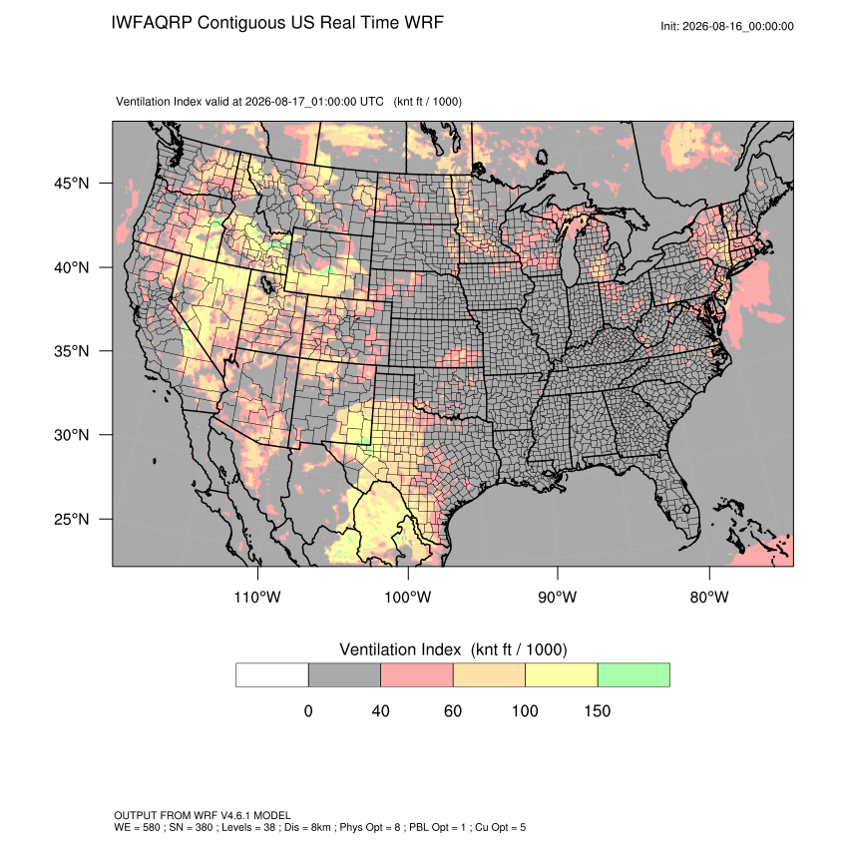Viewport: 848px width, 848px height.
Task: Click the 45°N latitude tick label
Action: point(72,184)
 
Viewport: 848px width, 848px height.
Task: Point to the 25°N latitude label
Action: point(72,519)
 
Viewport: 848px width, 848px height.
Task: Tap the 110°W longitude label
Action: point(257,597)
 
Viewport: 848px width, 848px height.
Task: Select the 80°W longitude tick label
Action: point(709,597)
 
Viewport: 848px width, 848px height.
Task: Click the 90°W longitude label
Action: point(557,597)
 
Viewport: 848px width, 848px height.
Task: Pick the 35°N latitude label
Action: point(72,351)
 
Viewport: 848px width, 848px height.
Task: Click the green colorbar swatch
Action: point(634,675)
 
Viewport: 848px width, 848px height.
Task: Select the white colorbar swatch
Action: point(272,675)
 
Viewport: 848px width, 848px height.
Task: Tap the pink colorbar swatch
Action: point(417,675)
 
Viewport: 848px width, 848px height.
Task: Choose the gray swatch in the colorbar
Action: point(344,675)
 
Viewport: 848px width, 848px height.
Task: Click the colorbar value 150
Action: point(597,710)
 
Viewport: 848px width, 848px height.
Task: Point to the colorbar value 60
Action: point(453,710)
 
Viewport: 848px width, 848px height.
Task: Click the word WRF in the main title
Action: point(425,23)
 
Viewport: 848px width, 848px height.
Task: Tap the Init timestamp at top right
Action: point(727,26)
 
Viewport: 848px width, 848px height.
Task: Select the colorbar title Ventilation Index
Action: point(400,649)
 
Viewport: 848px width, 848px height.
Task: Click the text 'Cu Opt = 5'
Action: point(500,827)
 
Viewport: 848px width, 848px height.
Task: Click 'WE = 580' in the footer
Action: point(137,827)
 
